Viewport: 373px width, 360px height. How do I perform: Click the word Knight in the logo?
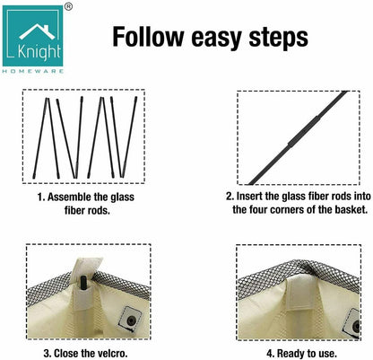pos(39,52)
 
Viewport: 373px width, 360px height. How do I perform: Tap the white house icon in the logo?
pos(37,32)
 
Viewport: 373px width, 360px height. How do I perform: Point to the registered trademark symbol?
pos(68,7)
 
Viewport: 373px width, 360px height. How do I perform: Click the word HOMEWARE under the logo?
pos(33,71)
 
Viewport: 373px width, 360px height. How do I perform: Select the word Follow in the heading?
pos(148,37)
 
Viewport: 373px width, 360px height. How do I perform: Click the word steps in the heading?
pos(279,39)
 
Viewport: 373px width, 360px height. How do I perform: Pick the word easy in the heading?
pos(216,40)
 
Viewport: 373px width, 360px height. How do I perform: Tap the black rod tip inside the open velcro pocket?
pos(83,282)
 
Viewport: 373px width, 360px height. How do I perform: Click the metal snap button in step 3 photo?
pos(131,320)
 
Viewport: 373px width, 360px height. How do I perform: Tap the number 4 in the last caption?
pos(269,353)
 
